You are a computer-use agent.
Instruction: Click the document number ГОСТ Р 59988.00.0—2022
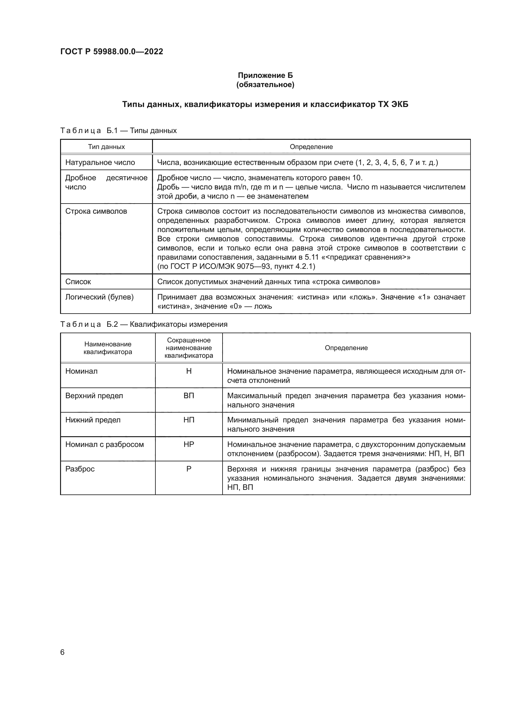coord(112,51)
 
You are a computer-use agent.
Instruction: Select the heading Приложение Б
coord(265,75)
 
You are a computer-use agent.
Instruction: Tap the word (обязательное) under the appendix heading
coord(265,85)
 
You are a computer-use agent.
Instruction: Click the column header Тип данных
coord(106,147)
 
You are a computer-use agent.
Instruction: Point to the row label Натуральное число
coord(100,162)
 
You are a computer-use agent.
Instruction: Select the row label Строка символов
coord(96,211)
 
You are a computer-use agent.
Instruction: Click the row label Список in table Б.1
coord(78,282)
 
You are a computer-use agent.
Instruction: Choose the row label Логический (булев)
coord(99,297)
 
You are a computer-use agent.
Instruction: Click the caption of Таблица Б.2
coord(143,324)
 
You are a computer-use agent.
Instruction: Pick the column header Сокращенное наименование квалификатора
coord(189,348)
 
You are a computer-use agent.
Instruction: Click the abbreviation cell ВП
coord(189,396)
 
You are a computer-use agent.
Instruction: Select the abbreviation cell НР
coord(189,444)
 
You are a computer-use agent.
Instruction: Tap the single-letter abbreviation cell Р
coord(189,469)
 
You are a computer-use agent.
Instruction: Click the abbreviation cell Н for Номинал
coord(189,371)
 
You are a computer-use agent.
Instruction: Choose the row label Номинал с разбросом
coord(104,444)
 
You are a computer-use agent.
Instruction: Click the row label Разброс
coord(80,469)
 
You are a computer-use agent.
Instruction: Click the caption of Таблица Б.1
coord(118,131)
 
